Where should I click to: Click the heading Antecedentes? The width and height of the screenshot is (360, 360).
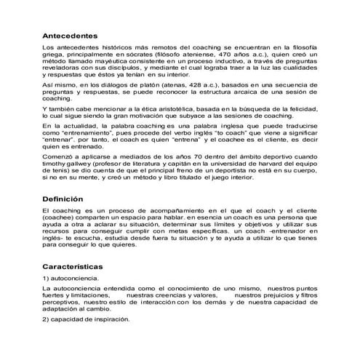pos(70,35)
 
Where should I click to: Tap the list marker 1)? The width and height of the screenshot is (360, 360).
pos(47,279)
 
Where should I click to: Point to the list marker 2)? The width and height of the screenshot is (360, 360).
pos(47,320)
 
